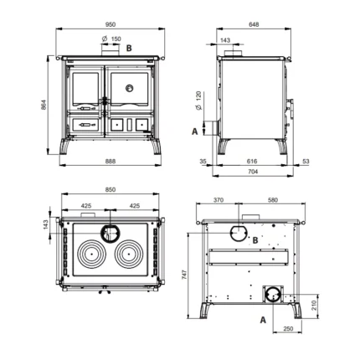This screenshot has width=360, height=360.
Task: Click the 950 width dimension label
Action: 111,24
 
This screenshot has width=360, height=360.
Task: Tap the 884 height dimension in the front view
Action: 44,105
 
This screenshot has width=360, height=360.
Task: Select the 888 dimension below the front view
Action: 111,162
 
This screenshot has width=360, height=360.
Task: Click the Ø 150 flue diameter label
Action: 111,39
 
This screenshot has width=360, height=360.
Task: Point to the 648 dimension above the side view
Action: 254,24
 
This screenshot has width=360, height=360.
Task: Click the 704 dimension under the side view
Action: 253,172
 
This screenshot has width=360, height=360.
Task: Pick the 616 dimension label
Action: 252,162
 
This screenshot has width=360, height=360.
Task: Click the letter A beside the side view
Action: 195,131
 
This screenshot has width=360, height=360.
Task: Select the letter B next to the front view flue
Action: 129,49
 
